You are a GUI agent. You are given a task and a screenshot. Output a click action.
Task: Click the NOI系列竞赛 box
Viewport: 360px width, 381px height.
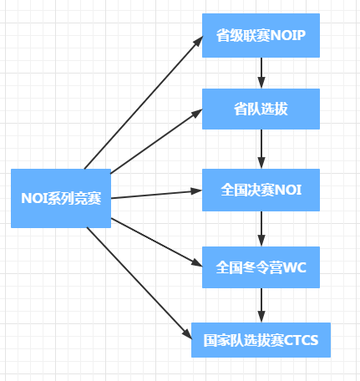pyautogui.click(x=60, y=198)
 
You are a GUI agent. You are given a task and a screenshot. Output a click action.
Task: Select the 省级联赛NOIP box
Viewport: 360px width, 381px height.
pyautogui.click(x=261, y=37)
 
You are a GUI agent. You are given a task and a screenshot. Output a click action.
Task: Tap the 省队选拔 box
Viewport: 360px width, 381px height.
pyautogui.click(x=261, y=109)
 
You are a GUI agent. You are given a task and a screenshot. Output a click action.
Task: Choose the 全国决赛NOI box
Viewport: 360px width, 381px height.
pyautogui.click(x=261, y=189)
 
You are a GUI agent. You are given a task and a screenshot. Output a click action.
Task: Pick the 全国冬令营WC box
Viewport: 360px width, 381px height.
pyautogui.click(x=261, y=267)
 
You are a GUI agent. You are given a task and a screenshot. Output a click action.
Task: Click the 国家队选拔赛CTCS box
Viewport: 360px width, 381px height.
pyautogui.click(x=261, y=339)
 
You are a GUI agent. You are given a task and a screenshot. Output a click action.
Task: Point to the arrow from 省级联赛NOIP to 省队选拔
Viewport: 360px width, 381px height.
pyautogui.click(x=261, y=73)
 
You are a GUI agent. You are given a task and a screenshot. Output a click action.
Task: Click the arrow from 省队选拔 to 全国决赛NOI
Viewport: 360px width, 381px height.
pyautogui.click(x=261, y=149)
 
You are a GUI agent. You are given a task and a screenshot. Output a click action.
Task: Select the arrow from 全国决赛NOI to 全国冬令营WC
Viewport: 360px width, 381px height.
pyautogui.click(x=261, y=228)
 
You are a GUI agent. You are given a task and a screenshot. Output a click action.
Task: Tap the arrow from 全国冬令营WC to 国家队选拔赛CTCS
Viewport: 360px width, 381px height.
pyautogui.click(x=261, y=304)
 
